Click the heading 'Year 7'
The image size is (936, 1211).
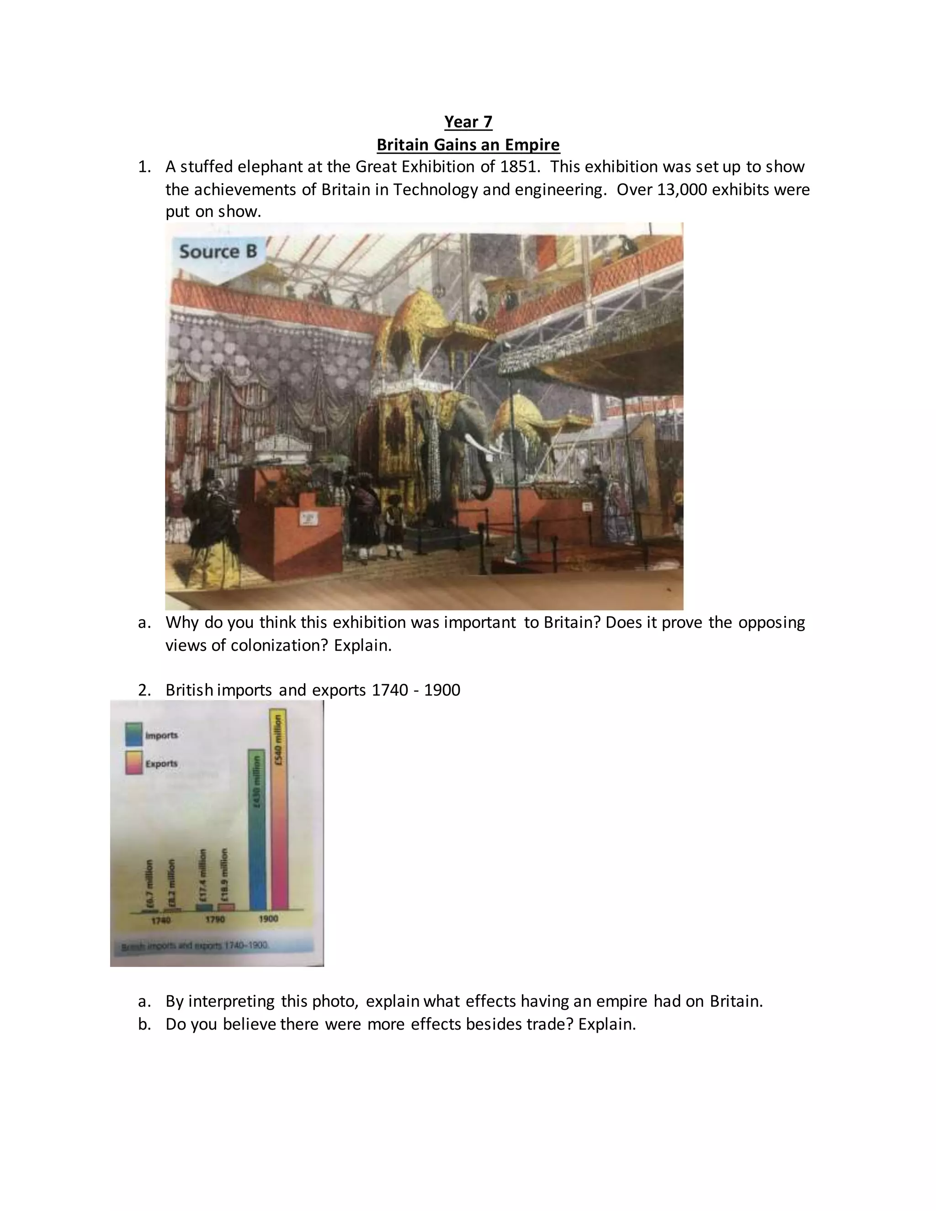468,122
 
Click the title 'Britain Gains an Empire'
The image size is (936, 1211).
468,145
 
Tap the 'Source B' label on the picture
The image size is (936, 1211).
218,252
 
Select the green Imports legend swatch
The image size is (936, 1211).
133,735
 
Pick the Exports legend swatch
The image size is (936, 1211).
133,764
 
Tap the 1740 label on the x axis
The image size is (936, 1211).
161,920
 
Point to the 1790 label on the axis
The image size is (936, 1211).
215,919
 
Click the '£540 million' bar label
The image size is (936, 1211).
278,740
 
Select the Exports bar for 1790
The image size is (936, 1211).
226,907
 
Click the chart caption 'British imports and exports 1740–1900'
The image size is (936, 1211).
195,946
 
